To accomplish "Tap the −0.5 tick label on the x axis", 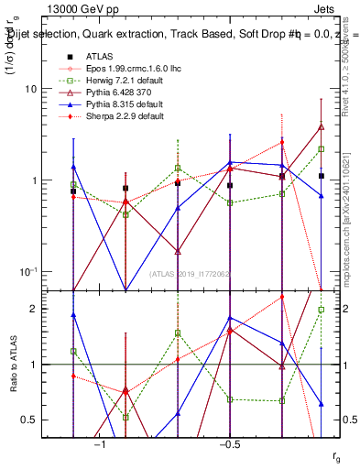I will [229, 444].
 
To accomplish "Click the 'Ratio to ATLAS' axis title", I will [14, 364].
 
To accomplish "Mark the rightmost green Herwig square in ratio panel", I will [322, 310].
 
